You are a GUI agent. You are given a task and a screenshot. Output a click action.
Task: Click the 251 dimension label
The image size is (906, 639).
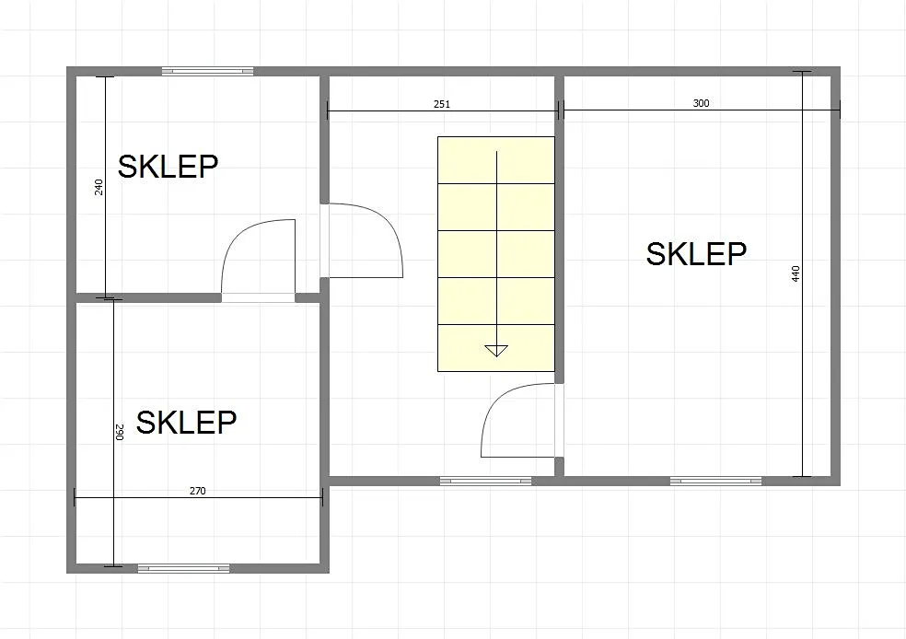(x=441, y=104)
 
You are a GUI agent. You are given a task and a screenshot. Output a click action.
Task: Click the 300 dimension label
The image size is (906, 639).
(x=701, y=103)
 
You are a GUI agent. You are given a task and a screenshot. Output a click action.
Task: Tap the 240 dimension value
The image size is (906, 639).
(x=99, y=187)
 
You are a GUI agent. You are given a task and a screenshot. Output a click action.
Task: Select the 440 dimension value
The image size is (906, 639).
(x=796, y=273)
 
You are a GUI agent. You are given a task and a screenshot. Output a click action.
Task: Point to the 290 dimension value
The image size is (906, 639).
(x=120, y=432)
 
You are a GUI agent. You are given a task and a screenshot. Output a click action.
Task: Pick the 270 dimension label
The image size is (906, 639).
(x=198, y=491)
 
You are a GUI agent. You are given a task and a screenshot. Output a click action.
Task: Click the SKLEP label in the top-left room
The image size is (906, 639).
(x=168, y=167)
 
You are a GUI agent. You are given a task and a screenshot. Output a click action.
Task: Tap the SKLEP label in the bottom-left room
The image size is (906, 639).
(x=186, y=423)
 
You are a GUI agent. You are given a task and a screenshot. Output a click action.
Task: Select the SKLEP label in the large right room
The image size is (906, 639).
(x=696, y=254)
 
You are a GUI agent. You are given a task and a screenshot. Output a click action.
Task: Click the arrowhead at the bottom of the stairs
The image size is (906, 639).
(x=496, y=350)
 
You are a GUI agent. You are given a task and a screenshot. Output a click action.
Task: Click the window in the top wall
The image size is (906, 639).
(x=207, y=71)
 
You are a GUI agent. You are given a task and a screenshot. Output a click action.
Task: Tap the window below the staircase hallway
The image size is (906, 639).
(x=485, y=481)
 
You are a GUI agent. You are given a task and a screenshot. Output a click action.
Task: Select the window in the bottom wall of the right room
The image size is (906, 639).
(x=716, y=481)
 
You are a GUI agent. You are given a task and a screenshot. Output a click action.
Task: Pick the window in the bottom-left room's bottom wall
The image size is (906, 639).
(x=184, y=568)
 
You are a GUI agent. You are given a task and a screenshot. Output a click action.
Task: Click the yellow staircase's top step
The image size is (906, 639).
(x=496, y=160)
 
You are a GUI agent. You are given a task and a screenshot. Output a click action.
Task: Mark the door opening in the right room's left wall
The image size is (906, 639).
(x=559, y=420)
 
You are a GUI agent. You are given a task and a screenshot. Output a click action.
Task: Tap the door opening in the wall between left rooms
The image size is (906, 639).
(x=259, y=298)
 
